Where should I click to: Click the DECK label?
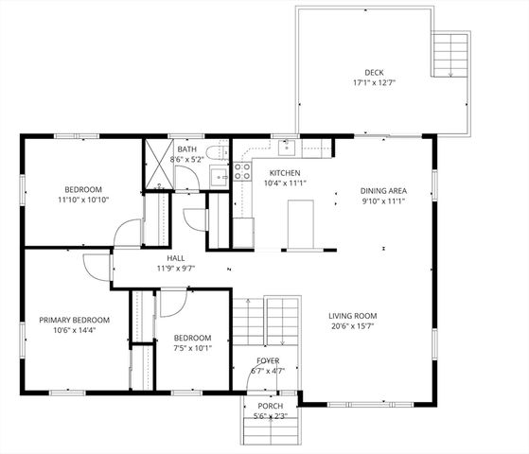[x=375, y=73]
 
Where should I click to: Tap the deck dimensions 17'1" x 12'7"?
[x=375, y=83]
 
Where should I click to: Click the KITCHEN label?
[x=285, y=173]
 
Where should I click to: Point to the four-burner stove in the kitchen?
[x=242, y=172]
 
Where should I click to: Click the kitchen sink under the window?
[x=285, y=148]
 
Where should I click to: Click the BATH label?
[x=186, y=149]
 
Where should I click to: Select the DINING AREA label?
[x=382, y=191]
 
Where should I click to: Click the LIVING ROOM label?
[x=353, y=315]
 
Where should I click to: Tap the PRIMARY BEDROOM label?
[x=75, y=320]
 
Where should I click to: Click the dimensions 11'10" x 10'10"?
[x=83, y=200]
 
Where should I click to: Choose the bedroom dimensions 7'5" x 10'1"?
[x=192, y=347]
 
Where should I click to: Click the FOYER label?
[x=269, y=361]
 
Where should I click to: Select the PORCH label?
[x=270, y=406]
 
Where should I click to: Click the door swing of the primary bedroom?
[x=94, y=267]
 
